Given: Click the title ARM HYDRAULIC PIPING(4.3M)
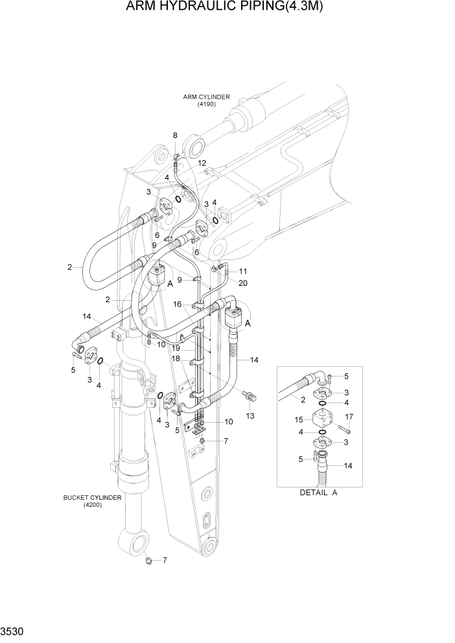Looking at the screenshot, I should pyautogui.click(x=227, y=7).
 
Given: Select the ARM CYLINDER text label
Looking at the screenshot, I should pyautogui.click(x=206, y=97).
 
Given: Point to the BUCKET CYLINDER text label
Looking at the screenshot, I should pyautogui.click(x=92, y=497).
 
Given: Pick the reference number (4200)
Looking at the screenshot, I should pyautogui.click(x=92, y=505).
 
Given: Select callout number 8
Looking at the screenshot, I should pyautogui.click(x=174, y=135).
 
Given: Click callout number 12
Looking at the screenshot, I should pyautogui.click(x=202, y=163).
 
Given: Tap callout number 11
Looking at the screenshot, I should pyautogui.click(x=243, y=271).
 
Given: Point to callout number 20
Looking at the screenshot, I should pyautogui.click(x=243, y=283).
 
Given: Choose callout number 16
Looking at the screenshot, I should pyautogui.click(x=176, y=303).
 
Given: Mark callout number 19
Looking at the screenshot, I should pyautogui.click(x=176, y=347).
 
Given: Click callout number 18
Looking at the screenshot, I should pyautogui.click(x=176, y=358).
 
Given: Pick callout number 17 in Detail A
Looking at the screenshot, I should pyautogui.click(x=349, y=416).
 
